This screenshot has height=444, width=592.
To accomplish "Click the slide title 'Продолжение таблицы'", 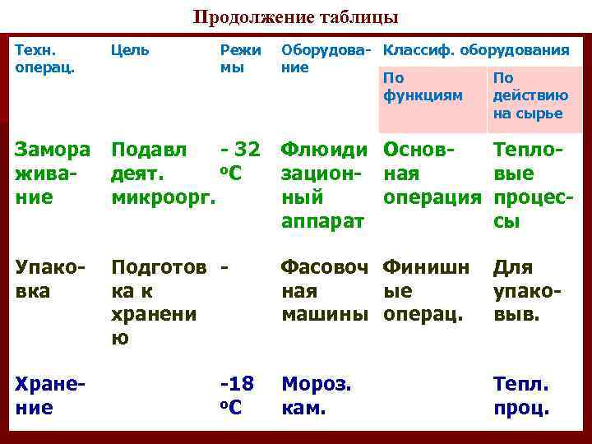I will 295,17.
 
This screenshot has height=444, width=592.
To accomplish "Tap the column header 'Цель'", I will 131,50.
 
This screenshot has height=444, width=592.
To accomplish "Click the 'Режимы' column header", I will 239,58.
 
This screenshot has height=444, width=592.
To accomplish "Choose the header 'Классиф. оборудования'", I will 476,50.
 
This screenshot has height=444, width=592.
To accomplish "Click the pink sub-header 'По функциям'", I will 423,87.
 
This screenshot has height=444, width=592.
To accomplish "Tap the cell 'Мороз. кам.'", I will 317,395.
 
